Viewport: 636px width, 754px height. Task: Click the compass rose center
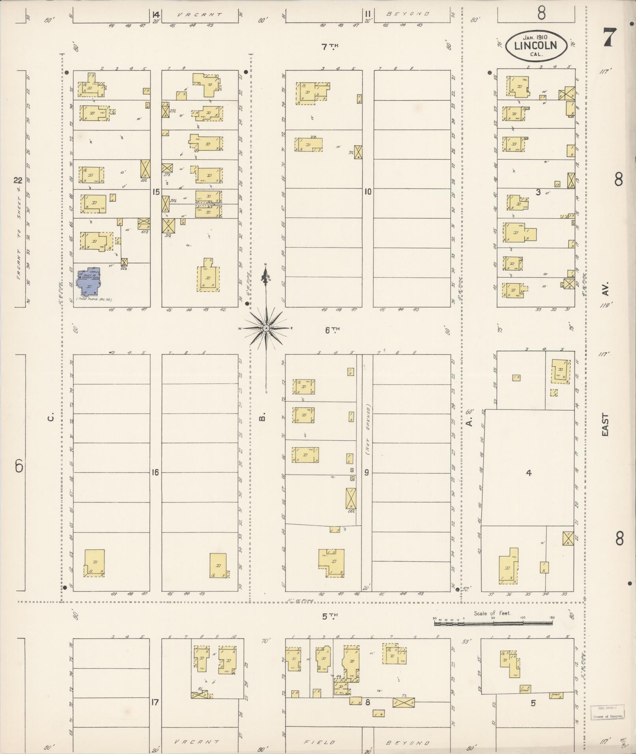266,328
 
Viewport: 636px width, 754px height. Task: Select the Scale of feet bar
493,623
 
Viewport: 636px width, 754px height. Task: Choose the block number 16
155,472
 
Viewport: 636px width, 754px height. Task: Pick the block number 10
368,192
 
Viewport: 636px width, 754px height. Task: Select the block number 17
155,702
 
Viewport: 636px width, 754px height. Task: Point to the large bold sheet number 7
609,38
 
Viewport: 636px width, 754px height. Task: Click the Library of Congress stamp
607,711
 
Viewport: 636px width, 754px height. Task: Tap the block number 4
528,473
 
